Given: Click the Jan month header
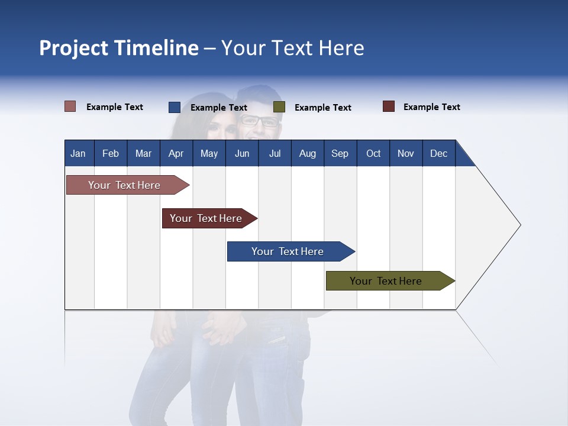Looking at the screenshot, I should click(x=78, y=153).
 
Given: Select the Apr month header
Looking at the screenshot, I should click(x=176, y=153).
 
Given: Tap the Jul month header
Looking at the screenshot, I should click(x=275, y=153).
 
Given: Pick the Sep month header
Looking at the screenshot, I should click(x=340, y=153).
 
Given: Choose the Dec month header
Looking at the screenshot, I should click(x=438, y=153).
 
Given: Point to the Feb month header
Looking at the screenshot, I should click(x=111, y=153).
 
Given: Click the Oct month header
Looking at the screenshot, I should click(x=373, y=153).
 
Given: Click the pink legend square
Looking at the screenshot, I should click(x=70, y=106).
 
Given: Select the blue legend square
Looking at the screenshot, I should click(x=175, y=107).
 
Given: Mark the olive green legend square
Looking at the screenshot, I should click(x=279, y=107).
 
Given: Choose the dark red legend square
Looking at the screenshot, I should click(x=389, y=106).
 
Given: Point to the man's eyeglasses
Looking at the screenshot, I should click(x=259, y=121).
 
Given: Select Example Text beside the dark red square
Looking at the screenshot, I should click(x=431, y=107).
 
